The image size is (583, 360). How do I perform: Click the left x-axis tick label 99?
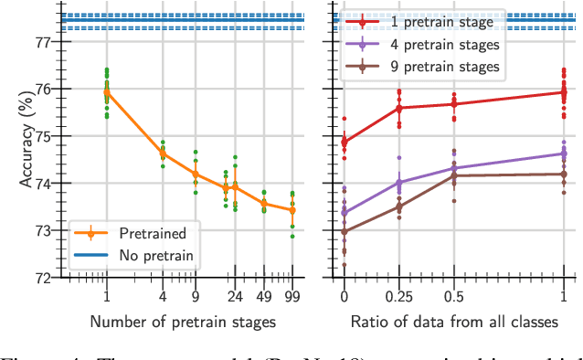[291, 296]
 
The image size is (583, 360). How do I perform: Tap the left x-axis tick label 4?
[164, 296]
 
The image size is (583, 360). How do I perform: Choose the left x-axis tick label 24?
[234, 296]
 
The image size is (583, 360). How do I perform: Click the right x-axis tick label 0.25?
[397, 296]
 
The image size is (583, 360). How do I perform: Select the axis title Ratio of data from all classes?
[453, 321]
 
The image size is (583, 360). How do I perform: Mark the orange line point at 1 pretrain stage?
[107, 92]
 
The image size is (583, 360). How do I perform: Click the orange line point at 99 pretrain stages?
[291, 209]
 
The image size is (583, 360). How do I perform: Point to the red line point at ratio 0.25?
[398, 108]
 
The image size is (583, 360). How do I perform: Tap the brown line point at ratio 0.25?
[398, 206]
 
